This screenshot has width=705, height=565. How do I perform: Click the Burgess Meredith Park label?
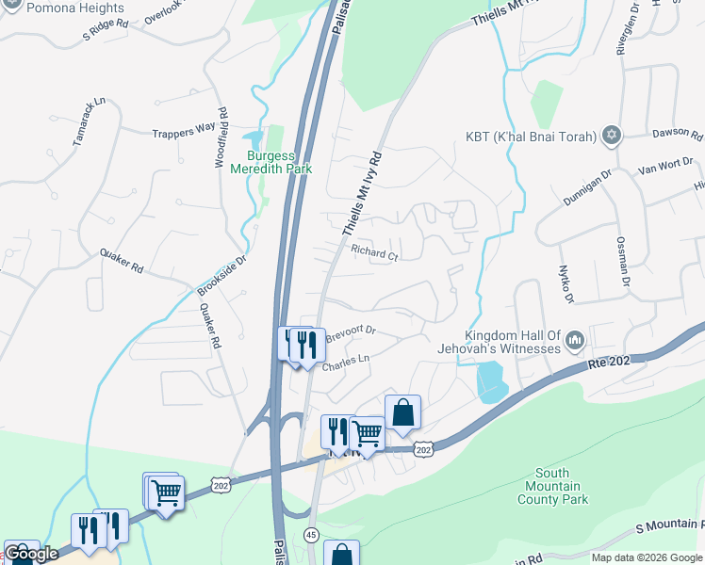279,162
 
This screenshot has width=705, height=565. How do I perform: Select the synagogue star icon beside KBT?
612,137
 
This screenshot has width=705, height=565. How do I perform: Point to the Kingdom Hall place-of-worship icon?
575,339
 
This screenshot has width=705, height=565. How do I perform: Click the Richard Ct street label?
375,252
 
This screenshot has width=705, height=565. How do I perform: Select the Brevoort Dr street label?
351,331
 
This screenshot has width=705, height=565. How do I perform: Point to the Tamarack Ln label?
88,130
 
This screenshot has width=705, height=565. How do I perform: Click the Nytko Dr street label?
566,284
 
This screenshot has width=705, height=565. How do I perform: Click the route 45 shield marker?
311,535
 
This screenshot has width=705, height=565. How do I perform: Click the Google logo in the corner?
30,554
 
